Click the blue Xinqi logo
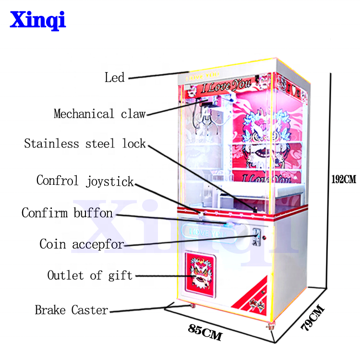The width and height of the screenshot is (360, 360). tap(38, 20)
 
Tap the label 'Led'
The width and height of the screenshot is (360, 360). tap(114, 77)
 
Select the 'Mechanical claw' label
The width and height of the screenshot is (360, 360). tap(99, 114)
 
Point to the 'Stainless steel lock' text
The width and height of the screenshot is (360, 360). tap(85, 144)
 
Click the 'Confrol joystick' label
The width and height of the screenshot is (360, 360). tap(85, 181)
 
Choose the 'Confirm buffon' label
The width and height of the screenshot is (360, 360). tap(67, 213)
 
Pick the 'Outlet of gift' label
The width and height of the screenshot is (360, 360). tap(90, 276)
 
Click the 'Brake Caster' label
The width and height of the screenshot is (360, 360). tap(72, 310)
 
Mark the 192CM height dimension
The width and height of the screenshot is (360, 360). tap(344, 180)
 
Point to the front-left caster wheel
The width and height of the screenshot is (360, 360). tap(193, 306)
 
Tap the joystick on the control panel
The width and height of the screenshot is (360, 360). tap(202, 210)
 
